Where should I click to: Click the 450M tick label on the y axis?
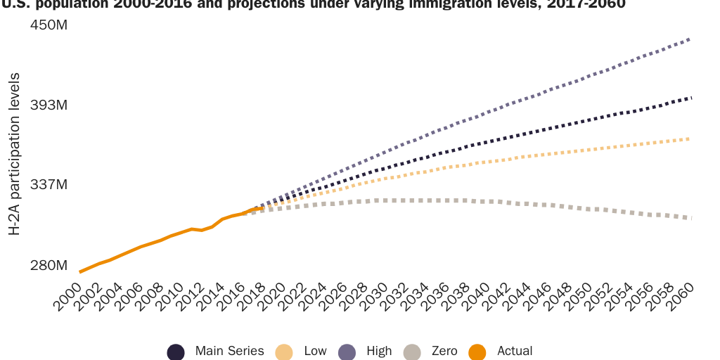(x=48, y=25)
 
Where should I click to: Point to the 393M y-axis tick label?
(x=48, y=105)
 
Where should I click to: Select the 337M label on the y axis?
(x=48, y=185)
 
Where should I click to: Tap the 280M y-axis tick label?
(x=48, y=266)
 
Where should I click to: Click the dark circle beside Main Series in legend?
(x=176, y=352)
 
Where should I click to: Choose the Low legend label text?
(x=315, y=351)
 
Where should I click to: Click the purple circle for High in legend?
(x=347, y=352)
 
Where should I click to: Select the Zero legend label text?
(x=444, y=351)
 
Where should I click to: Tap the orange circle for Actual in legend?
(x=478, y=352)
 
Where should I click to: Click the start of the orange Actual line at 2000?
(x=80, y=271)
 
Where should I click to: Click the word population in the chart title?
(x=67, y=2)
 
